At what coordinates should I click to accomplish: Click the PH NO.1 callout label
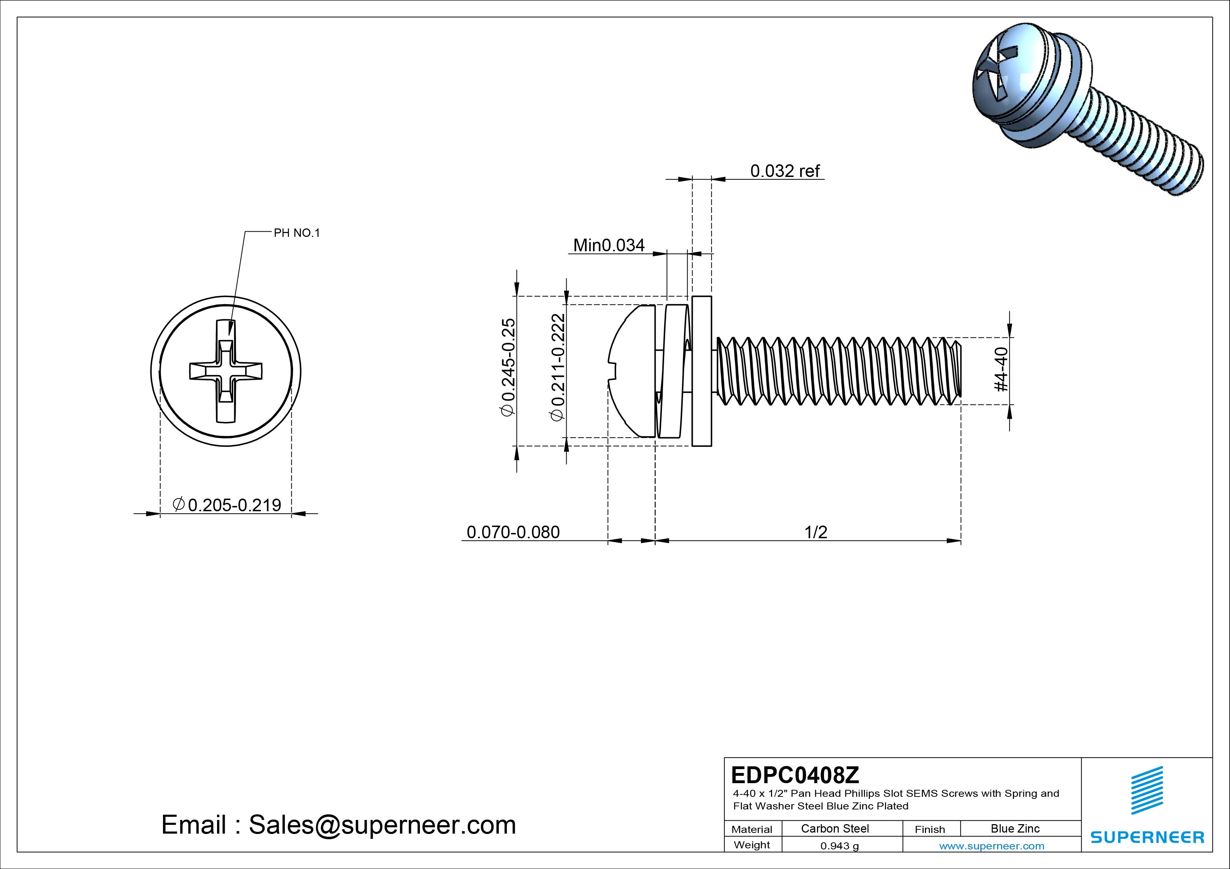point(296,233)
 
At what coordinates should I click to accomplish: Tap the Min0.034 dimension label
point(609,245)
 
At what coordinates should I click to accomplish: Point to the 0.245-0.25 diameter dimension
point(508,367)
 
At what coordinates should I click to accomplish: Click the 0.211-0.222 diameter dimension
point(558,367)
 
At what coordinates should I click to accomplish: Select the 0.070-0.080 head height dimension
point(513,532)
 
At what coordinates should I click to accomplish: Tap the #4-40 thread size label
point(1001,369)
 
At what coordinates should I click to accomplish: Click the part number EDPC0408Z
point(795,774)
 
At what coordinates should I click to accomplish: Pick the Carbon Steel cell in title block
point(834,828)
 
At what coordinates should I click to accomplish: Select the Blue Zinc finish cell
point(1015,828)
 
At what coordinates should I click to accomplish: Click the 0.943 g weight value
point(839,846)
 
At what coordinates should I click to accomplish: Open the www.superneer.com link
point(991,846)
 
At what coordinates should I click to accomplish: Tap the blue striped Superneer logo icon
point(1147,790)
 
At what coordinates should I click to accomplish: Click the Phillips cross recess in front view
point(225,370)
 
